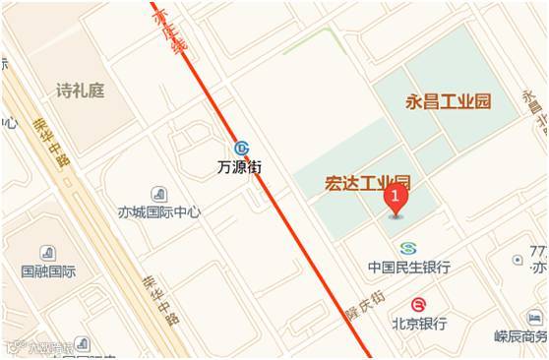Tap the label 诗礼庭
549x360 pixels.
click(80, 91)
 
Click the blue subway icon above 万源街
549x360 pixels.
click(241, 148)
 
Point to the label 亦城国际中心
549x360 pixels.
click(159, 211)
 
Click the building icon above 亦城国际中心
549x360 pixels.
click(159, 193)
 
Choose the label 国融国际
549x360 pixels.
click(48, 270)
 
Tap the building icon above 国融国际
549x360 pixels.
click(47, 253)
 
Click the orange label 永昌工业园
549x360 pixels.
click(448, 101)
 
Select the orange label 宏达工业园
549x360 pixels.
click(367, 183)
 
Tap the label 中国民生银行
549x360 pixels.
click(409, 267)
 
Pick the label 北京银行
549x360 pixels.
click(419, 323)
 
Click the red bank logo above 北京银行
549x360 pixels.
click(419, 304)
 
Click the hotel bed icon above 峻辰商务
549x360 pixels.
click(534, 318)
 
